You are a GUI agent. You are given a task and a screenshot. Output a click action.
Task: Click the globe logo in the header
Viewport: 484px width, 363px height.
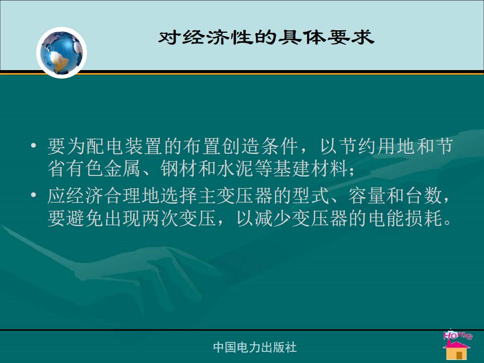click(62, 52)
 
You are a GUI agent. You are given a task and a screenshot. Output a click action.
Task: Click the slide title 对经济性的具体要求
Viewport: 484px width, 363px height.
click(266, 38)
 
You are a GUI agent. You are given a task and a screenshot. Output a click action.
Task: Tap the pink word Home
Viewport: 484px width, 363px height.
click(458, 335)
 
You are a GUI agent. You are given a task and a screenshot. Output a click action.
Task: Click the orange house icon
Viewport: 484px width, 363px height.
click(457, 351)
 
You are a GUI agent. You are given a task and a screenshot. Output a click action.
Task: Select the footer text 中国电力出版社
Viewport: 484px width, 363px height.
click(255, 347)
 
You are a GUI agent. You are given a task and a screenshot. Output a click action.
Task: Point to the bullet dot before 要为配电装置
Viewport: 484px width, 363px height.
click(34, 145)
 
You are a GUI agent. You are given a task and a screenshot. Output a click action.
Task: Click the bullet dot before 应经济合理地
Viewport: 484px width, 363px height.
click(34, 195)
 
